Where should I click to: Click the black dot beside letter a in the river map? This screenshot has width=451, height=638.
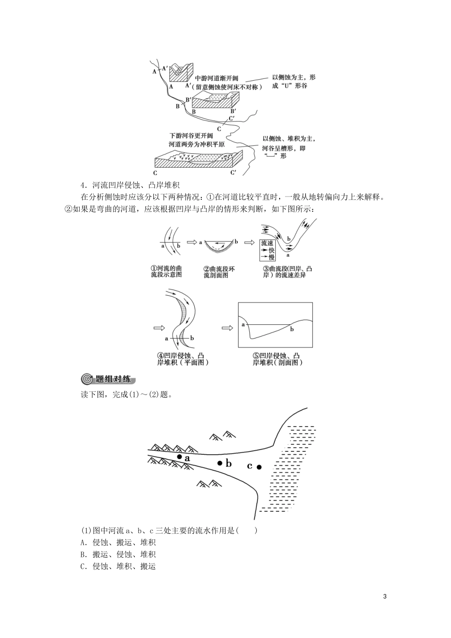[x=179, y=456]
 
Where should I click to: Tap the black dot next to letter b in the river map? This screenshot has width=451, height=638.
[x=220, y=463]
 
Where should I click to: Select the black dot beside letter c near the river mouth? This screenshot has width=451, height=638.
[x=259, y=467]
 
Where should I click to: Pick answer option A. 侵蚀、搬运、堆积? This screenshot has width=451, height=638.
[x=118, y=543]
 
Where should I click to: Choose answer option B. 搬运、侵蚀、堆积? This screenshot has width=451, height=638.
[x=118, y=554]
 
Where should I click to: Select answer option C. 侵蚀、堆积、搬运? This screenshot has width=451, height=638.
[x=118, y=566]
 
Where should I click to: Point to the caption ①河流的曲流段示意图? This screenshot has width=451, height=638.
[x=166, y=272]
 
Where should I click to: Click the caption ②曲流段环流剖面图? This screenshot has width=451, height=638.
[x=219, y=272]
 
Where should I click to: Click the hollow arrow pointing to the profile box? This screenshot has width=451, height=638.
[x=227, y=328]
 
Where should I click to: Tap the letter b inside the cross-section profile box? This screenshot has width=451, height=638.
[x=292, y=329]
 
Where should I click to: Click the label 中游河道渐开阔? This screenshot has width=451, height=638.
[x=216, y=79]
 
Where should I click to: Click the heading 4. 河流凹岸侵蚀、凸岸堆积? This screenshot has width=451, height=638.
[x=130, y=185]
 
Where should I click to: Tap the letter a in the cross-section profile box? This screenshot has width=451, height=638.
[x=243, y=324]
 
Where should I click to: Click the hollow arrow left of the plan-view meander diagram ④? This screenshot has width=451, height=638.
[x=159, y=328]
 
